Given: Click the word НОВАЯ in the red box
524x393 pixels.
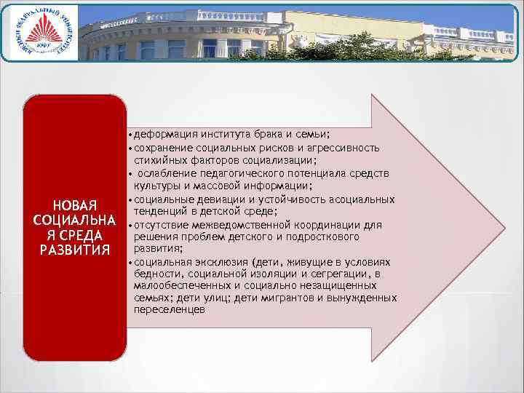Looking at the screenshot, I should tap(71, 205).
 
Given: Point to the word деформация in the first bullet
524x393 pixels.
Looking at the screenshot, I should tap(164, 135).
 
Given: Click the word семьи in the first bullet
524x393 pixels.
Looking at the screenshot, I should tap(314, 135).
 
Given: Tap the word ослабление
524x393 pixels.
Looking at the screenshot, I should tap(167, 173).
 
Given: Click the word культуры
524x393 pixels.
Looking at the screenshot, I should tap(155, 186).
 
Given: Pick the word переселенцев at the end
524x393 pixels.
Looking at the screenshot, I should tap(170, 311).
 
